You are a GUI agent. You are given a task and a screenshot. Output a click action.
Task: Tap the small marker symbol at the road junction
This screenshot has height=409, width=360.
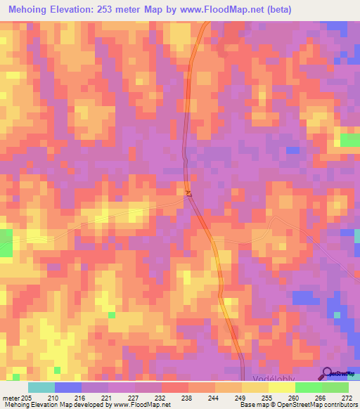click(188, 193)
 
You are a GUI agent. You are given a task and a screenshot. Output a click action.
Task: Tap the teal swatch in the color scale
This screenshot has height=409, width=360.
click(41, 387)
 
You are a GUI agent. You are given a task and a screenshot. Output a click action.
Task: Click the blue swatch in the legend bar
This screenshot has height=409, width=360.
click(68, 387)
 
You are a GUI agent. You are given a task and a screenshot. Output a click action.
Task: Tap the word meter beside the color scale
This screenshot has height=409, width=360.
click(11, 397)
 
